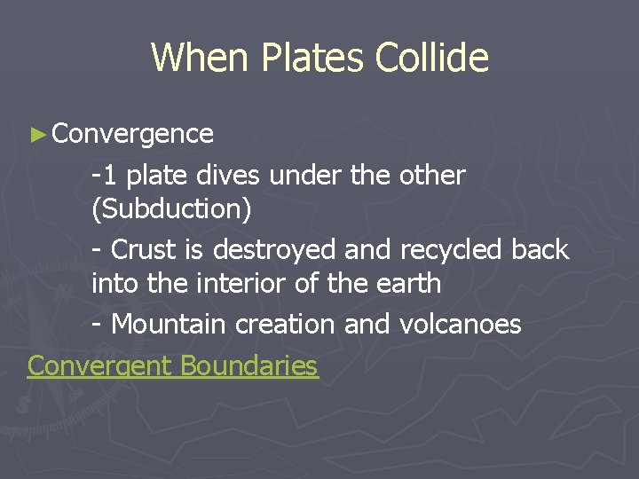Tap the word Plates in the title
point(312,58)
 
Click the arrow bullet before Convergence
point(36,135)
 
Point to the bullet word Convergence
point(132,134)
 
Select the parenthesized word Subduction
point(171,210)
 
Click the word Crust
point(146,250)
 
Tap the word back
point(540,250)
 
